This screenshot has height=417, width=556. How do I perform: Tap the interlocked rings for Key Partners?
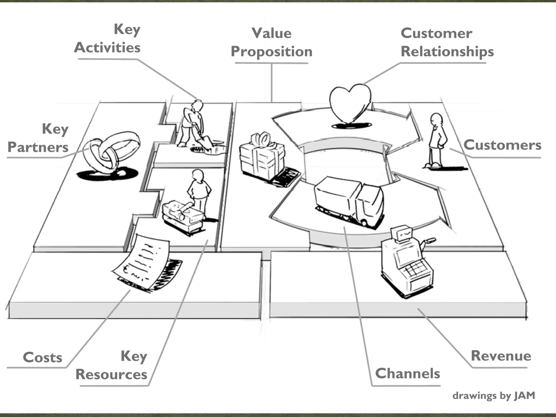point(111,152)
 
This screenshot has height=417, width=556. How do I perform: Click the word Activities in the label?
point(107,48)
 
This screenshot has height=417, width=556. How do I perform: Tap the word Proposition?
point(271,52)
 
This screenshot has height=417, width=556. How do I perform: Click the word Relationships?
point(447,52)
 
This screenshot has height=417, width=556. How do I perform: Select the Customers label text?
point(502,145)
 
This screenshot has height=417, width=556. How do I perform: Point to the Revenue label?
point(501,356)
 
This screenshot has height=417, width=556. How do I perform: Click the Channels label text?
point(407,373)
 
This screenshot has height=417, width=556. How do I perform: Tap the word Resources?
point(111,374)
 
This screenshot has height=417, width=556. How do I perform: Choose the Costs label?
point(43,357)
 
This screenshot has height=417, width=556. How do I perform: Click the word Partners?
point(38,147)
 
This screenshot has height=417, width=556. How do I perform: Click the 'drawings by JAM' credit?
point(494,396)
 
